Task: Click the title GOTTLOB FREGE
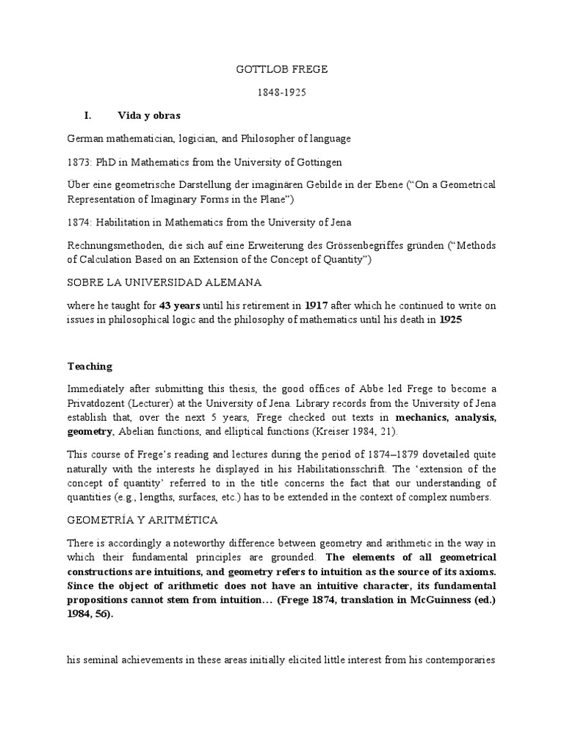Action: click(x=281, y=70)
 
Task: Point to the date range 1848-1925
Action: click(x=281, y=93)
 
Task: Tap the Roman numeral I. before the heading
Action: click(x=87, y=116)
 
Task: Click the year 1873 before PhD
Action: click(x=79, y=162)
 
